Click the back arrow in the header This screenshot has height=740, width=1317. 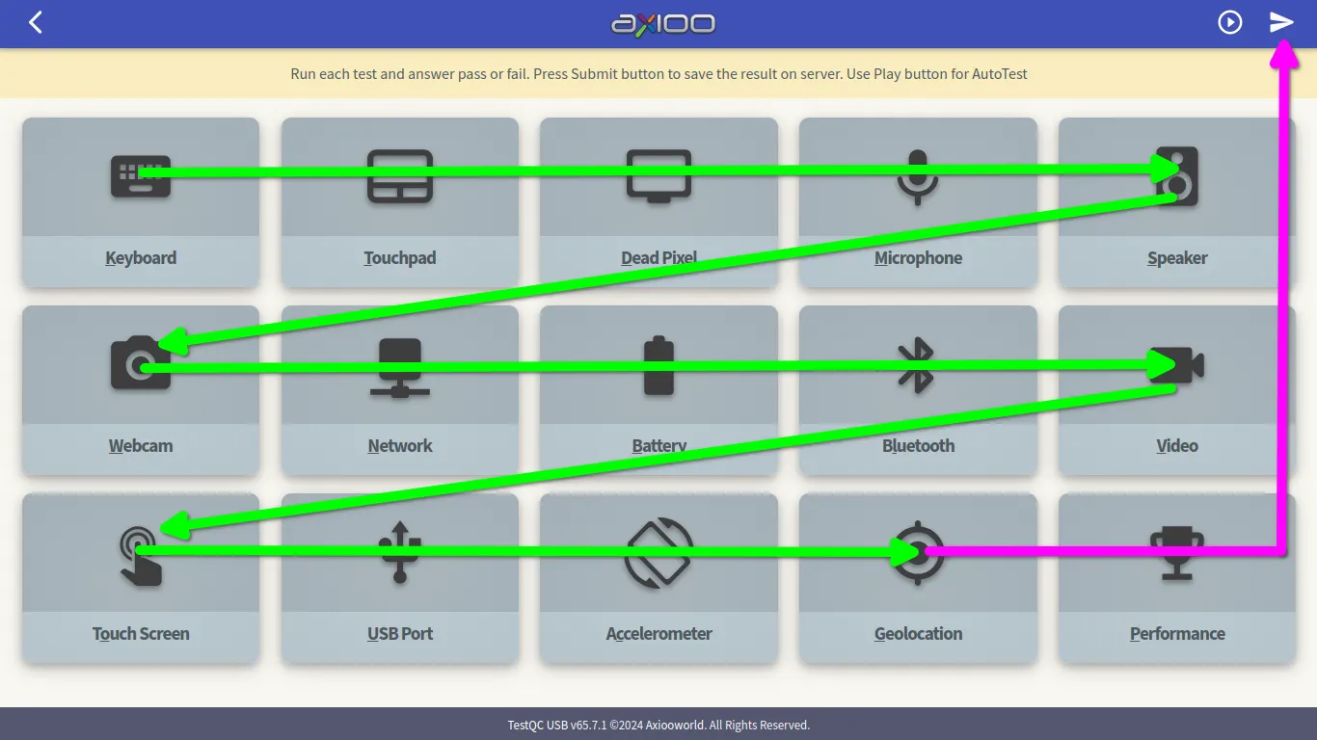(x=36, y=22)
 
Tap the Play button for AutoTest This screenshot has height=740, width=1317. (x=1230, y=22)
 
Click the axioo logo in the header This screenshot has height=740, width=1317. (x=663, y=23)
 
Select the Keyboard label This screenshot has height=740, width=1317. (x=141, y=258)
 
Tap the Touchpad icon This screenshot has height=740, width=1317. (x=400, y=176)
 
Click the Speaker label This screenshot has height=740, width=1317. (x=1177, y=258)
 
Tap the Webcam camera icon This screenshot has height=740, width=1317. (x=141, y=362)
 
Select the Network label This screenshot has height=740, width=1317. (x=400, y=446)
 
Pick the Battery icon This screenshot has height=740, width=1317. (x=659, y=366)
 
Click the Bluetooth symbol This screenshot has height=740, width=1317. (x=917, y=365)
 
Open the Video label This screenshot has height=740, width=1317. (x=1177, y=446)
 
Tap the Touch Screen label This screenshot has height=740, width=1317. (x=141, y=634)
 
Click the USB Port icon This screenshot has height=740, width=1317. (x=400, y=552)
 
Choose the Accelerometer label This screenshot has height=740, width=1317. (x=659, y=634)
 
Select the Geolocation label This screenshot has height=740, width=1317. (x=918, y=634)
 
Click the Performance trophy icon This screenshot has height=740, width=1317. (x=1177, y=552)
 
